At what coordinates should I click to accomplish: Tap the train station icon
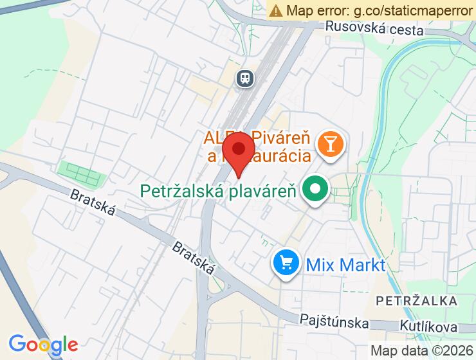[x=244, y=78]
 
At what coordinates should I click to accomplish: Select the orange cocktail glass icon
[x=331, y=143]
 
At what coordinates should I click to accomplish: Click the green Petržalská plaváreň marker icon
[x=316, y=190]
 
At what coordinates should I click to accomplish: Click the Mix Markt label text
[x=345, y=264]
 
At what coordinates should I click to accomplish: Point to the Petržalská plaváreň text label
[x=219, y=191]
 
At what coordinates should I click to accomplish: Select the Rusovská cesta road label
[x=374, y=28]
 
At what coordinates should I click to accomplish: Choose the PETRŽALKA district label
[x=417, y=301]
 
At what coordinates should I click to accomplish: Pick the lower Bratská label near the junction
[x=194, y=258]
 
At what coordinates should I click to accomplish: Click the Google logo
[x=43, y=344]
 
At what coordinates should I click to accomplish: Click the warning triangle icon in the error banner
[x=276, y=10]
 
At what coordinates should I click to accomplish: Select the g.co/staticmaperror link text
[x=411, y=10]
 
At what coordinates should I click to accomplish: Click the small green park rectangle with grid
[x=80, y=172]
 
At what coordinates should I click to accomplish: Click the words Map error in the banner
[x=317, y=10]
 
